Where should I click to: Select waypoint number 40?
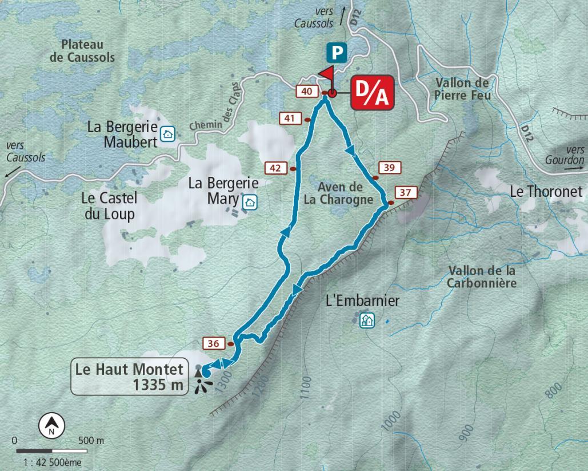click(306, 92)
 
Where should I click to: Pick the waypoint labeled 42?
click(275, 168)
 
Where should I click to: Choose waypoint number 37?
click(405, 192)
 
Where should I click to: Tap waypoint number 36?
click(214, 343)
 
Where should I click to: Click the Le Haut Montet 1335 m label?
click(130, 377)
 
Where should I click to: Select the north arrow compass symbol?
click(51, 426)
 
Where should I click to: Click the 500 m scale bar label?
click(91, 441)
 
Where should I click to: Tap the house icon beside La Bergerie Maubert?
click(167, 134)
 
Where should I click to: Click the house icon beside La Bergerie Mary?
click(250, 202)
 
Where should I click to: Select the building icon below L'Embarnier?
click(366, 320)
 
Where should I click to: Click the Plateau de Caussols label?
click(82, 51)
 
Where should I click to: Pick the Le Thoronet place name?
click(546, 192)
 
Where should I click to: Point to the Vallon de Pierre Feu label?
click(462, 89)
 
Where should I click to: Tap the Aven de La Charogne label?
click(341, 193)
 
